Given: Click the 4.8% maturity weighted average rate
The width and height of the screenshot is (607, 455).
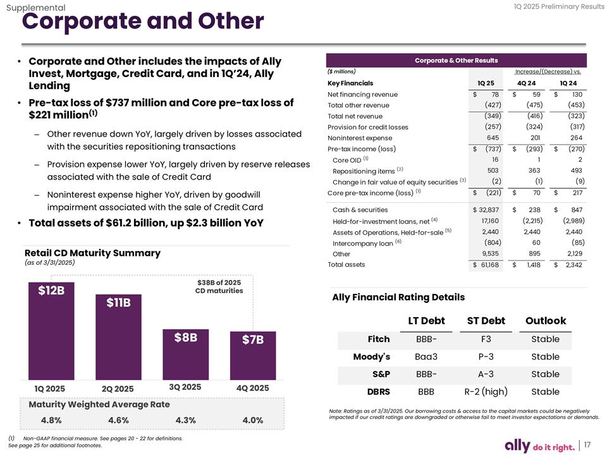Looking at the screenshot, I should click(51, 420).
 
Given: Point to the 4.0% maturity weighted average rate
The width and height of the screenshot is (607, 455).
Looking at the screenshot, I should click(253, 420).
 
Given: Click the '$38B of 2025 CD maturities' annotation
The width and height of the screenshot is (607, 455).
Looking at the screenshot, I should click(219, 286).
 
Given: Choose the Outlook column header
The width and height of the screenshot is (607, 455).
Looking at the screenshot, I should click(546, 321).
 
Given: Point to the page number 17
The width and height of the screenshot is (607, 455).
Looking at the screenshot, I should click(587, 445).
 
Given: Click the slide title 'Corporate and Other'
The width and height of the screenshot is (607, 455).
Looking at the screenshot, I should click(142, 23).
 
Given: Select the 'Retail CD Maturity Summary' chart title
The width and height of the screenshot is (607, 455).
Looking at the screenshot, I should click(92, 253).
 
